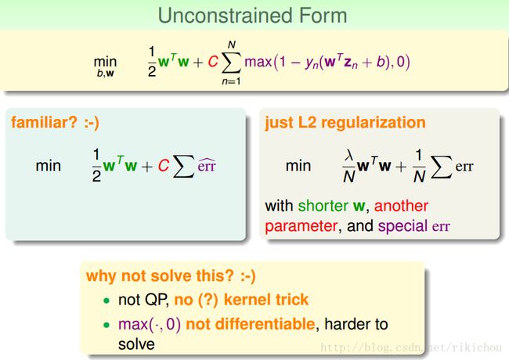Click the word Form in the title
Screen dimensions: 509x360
[x=323, y=16]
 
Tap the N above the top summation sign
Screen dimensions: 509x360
[x=232, y=45]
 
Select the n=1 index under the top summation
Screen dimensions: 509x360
[x=231, y=81]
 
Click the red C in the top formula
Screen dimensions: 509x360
[x=213, y=62]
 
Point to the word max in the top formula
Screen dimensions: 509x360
[x=258, y=62]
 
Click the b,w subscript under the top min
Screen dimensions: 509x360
[x=105, y=74]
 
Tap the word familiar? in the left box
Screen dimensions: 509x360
[x=44, y=123]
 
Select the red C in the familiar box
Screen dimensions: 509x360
[x=164, y=166]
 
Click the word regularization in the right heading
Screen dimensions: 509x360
[x=374, y=123]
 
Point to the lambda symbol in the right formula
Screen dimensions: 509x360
[x=349, y=156]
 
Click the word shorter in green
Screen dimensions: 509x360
[x=323, y=206]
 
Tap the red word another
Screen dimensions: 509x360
[x=401, y=206]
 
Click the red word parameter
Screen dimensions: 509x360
[x=301, y=226]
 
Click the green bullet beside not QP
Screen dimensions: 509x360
[x=106, y=301]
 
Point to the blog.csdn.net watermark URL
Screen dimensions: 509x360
[x=411, y=347]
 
